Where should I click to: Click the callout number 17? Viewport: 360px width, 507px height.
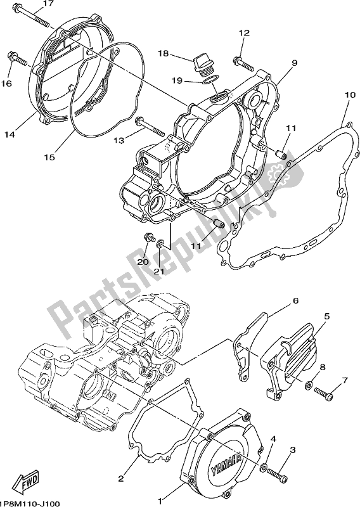tap(48, 4)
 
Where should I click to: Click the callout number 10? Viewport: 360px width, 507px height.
tap(348, 95)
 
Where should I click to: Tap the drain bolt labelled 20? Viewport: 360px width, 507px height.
tap(149, 239)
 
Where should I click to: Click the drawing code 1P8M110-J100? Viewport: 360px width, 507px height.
tap(30, 503)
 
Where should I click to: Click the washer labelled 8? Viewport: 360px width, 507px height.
tap(309, 385)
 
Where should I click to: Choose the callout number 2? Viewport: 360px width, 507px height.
tap(121, 478)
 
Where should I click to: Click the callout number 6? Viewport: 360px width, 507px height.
tap(295, 300)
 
